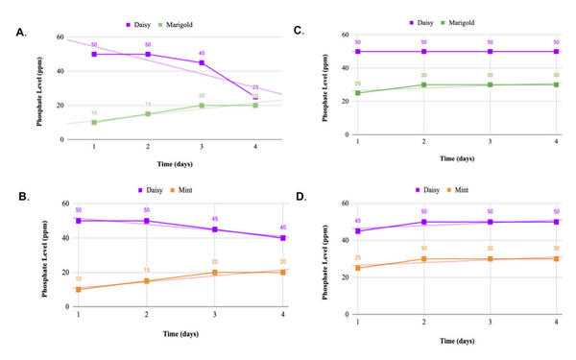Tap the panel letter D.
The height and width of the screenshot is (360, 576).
tap(300, 199)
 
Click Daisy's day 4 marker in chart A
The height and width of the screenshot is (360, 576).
tap(255, 97)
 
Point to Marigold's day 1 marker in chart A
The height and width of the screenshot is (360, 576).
tap(94, 122)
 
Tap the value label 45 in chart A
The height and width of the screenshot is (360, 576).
tap(202, 54)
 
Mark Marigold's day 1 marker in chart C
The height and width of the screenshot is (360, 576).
tap(358, 92)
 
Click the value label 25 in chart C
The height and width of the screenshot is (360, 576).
tap(358, 84)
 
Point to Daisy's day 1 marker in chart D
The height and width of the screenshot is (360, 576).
tap(358, 230)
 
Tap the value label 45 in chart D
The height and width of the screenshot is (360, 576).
tap(358, 222)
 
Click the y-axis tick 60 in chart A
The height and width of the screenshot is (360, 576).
tap(60, 36)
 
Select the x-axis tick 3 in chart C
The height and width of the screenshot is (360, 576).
tap(491, 142)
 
